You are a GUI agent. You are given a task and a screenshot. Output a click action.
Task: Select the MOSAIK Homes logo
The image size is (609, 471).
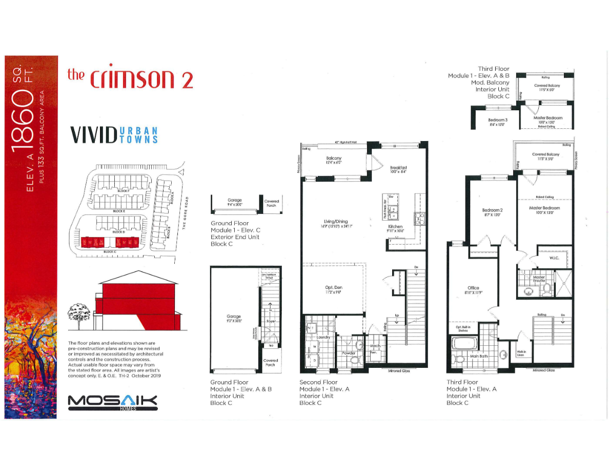point(112,403)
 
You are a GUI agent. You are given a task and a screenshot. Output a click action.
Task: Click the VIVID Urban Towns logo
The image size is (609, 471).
point(114,135)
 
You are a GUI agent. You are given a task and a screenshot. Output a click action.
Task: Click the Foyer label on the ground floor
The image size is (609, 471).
point(271,322)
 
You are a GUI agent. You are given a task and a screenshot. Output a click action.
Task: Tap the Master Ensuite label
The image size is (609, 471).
point(538,279)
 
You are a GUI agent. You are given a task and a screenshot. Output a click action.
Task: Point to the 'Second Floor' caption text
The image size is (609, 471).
point(318,382)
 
